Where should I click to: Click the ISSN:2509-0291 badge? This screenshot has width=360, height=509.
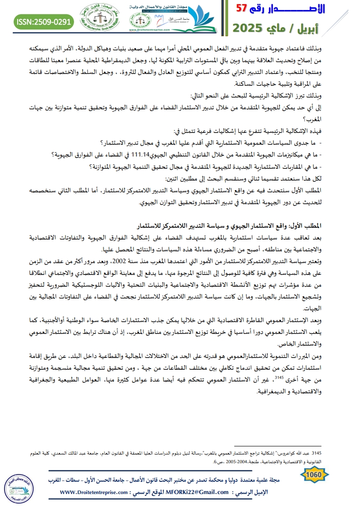point(44,21)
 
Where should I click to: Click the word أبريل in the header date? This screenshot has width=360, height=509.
point(338,27)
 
